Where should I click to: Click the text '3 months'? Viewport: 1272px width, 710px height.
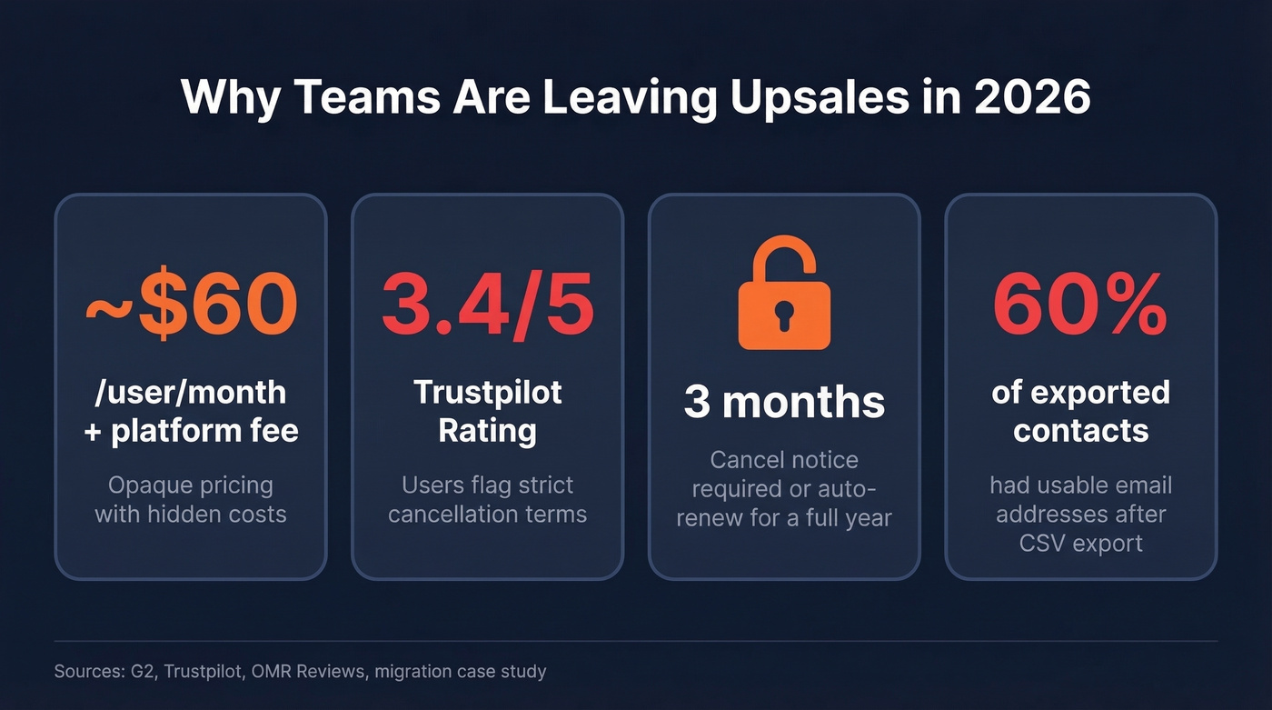(784, 402)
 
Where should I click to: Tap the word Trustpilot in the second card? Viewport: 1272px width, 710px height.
(487, 392)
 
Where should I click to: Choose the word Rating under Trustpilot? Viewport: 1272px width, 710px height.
(487, 430)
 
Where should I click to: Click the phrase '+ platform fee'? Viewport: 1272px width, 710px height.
(191, 430)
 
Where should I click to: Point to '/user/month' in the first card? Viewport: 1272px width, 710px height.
(191, 392)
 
